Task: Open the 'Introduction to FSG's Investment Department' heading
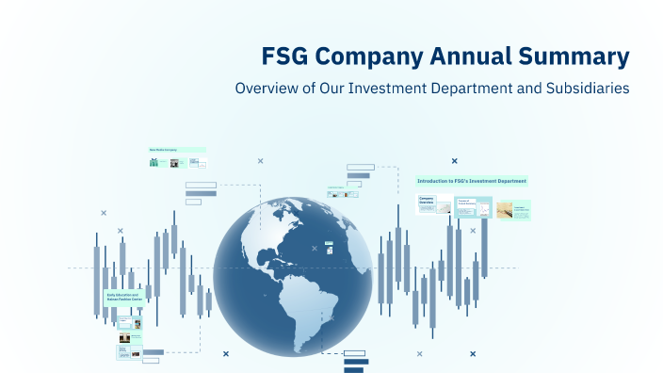point(472,181)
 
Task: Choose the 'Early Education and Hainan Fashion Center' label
point(123,298)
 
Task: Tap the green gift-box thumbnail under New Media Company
point(154,162)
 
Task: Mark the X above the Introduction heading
point(454,161)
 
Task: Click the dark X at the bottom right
point(473,353)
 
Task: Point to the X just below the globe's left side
point(226,353)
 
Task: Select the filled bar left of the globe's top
point(201,193)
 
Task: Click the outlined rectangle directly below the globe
point(355,353)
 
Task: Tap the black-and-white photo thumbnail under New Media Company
point(174,162)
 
